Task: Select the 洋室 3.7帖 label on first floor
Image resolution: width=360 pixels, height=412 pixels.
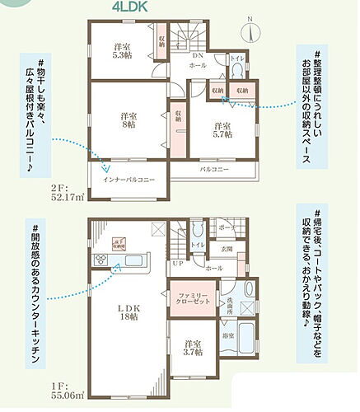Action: click(191, 348)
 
